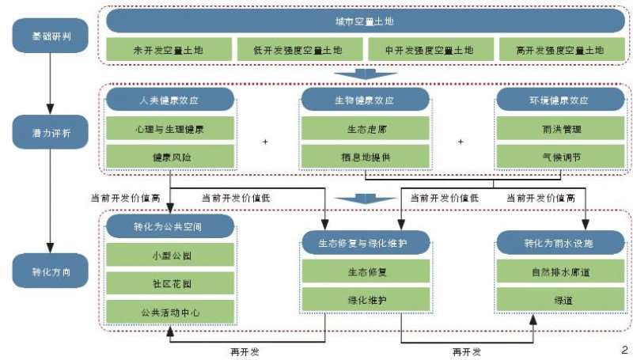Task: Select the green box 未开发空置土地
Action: tap(170, 50)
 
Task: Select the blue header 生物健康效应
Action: tap(365, 100)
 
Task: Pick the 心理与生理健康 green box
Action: tap(170, 127)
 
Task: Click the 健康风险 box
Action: tap(170, 157)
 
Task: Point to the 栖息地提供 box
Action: tap(365, 157)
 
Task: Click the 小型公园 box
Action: tap(170, 255)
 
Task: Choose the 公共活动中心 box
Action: tap(170, 312)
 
